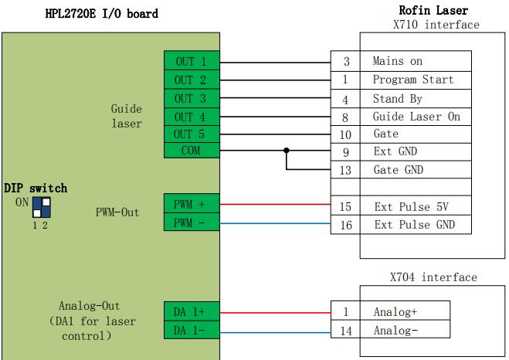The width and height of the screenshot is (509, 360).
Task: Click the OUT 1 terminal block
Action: pos(192,61)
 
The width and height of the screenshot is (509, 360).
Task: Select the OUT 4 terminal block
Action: pos(192,117)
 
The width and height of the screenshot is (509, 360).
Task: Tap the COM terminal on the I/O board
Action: pos(192,151)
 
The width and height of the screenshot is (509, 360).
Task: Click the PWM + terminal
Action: pos(192,203)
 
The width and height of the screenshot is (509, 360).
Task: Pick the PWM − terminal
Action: pos(192,222)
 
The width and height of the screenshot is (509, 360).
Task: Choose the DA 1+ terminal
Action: pos(192,311)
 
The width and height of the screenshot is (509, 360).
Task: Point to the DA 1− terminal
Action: pos(192,330)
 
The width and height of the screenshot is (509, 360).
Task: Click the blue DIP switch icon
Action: pos(42,208)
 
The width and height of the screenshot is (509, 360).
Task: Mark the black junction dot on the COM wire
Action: pos(287,151)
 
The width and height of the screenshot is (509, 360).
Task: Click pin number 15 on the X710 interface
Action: pos(345,206)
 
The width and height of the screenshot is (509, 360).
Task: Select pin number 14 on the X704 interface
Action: pos(346,331)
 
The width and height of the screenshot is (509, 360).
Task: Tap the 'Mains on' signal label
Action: pos(397,61)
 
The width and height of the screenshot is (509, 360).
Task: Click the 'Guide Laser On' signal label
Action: pos(416,117)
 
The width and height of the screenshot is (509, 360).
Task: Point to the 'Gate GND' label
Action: pos(399,170)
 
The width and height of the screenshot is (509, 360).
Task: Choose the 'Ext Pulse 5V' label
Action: pos(411,207)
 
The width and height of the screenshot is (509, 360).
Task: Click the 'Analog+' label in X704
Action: pos(395,312)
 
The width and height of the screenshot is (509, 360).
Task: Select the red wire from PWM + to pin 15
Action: pos(275,204)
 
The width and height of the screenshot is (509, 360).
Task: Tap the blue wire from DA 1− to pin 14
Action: pos(275,332)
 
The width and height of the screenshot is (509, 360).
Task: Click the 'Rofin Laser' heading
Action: pos(433,10)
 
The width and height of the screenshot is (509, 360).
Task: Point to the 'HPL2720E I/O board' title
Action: pos(102,14)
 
